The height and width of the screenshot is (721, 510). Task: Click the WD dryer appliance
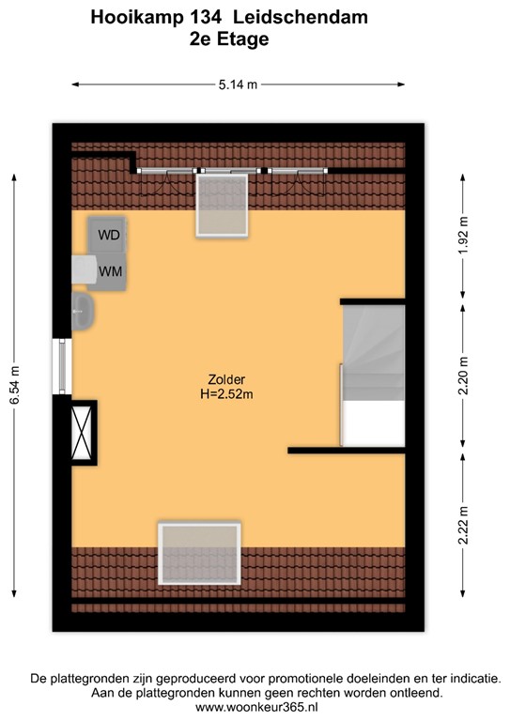(x=108, y=235)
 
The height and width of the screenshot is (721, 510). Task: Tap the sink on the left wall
(x=83, y=311)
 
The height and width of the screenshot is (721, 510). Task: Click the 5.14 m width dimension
(x=238, y=84)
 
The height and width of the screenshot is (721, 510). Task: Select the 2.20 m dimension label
(x=464, y=374)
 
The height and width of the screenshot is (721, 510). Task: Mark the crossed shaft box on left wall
(x=83, y=432)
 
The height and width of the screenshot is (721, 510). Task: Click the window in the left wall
(x=63, y=367)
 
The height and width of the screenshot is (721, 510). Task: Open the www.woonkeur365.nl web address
(x=255, y=707)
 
